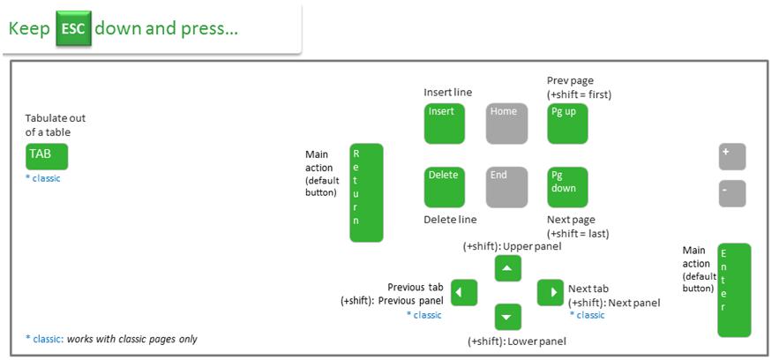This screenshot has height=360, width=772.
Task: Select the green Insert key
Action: click(x=444, y=123)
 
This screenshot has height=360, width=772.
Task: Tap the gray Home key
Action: click(x=506, y=123)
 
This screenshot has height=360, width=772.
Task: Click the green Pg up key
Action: click(x=567, y=123)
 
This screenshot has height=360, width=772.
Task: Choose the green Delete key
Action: click(x=444, y=186)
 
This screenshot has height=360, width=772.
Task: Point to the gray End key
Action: click(x=506, y=186)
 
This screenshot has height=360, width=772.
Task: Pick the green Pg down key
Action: click(x=567, y=186)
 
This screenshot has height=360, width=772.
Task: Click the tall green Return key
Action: click(x=366, y=192)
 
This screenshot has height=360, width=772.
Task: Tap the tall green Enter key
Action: click(x=734, y=289)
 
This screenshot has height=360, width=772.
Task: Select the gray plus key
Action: click(x=731, y=156)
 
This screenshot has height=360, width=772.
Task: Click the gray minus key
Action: click(x=731, y=193)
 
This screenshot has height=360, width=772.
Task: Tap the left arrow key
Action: click(x=464, y=292)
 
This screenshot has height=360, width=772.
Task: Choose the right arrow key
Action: click(x=550, y=292)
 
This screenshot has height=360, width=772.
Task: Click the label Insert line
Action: click(x=447, y=92)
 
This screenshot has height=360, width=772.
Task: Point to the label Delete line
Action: click(x=450, y=219)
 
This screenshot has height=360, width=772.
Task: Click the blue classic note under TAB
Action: click(x=43, y=178)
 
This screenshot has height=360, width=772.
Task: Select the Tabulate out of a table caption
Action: click(x=55, y=124)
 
